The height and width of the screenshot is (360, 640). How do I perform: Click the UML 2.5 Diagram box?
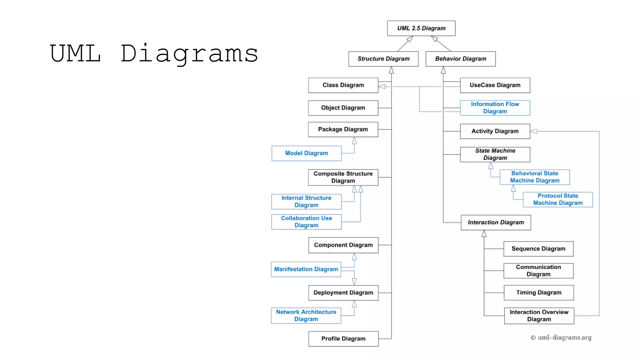pos(421,28)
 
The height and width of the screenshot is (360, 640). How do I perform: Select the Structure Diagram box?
pos(383,59)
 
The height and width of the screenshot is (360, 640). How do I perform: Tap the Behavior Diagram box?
pos(460,59)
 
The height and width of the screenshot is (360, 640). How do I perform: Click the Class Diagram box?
pos(343,85)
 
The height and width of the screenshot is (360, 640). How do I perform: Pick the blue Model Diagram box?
pos(306,153)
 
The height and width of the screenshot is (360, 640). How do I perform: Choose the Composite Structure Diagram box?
pos(343,177)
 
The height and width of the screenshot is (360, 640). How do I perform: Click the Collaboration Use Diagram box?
pos(306,222)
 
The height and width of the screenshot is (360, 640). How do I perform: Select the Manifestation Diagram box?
pos(306,269)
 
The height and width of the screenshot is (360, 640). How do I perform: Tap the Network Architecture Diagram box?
pos(306,316)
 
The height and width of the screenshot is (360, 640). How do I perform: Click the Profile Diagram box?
pos(343,339)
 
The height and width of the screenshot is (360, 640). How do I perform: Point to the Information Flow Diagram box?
pos(495,108)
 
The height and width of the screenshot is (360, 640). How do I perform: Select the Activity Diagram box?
pos(495,131)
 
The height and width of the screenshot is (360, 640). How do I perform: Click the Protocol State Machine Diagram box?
pos(558,199)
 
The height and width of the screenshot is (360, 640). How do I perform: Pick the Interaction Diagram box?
pos(496,222)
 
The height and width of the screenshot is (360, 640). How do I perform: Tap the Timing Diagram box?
pos(539,293)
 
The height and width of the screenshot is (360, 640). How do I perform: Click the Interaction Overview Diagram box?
pos(539,316)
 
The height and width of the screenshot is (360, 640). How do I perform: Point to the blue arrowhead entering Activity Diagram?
pos(534,131)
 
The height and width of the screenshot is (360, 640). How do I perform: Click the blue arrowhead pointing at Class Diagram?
pos(382,86)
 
